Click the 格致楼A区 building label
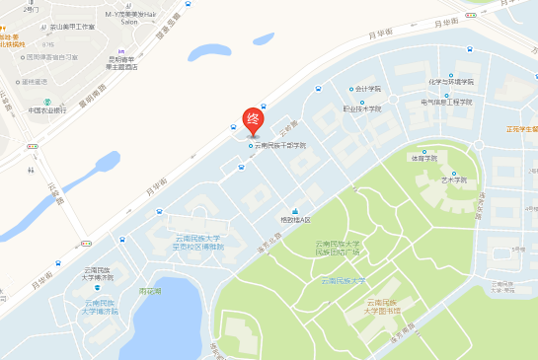click(295, 219)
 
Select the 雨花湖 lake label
click(150, 291)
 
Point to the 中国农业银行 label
click(46, 110)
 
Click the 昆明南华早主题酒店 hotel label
click(123, 63)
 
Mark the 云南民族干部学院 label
click(280, 146)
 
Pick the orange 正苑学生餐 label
click(521, 128)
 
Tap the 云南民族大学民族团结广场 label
click(339, 247)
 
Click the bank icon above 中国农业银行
click(46, 97)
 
